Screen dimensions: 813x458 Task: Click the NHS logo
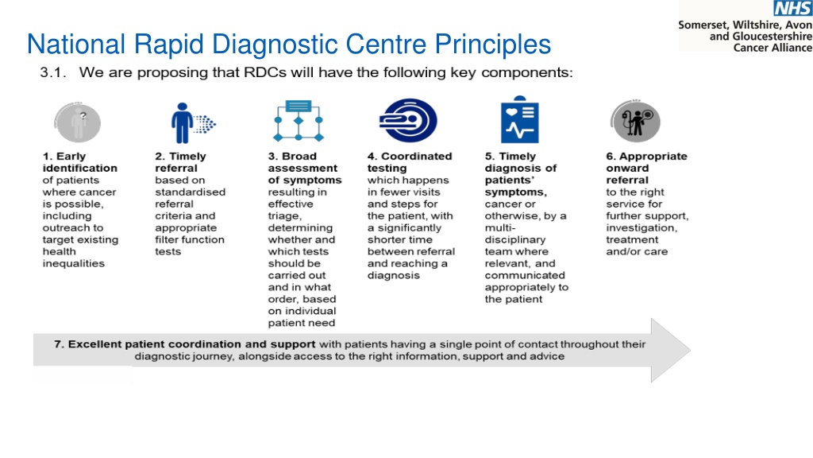(x=793, y=8)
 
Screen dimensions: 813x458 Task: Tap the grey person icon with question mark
(x=78, y=122)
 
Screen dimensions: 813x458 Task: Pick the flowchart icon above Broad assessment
(x=299, y=121)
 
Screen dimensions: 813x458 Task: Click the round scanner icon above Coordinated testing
(x=408, y=121)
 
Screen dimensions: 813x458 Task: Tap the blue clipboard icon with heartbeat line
(x=519, y=119)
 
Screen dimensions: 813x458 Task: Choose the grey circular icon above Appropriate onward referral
(x=635, y=122)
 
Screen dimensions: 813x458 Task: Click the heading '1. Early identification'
(x=80, y=162)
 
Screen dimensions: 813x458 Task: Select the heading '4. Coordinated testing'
(x=410, y=162)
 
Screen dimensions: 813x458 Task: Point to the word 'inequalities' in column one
(x=74, y=263)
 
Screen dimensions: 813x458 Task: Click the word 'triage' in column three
(x=284, y=216)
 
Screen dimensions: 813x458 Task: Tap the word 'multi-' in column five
(x=500, y=227)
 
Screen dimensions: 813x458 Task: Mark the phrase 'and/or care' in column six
(x=637, y=252)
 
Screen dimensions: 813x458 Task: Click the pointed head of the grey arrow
(x=690, y=351)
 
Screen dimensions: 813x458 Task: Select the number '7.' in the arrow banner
(x=59, y=344)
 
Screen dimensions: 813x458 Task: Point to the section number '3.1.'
(x=53, y=72)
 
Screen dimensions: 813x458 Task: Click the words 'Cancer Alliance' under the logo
(x=773, y=48)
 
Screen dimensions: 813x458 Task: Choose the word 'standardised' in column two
(x=191, y=192)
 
